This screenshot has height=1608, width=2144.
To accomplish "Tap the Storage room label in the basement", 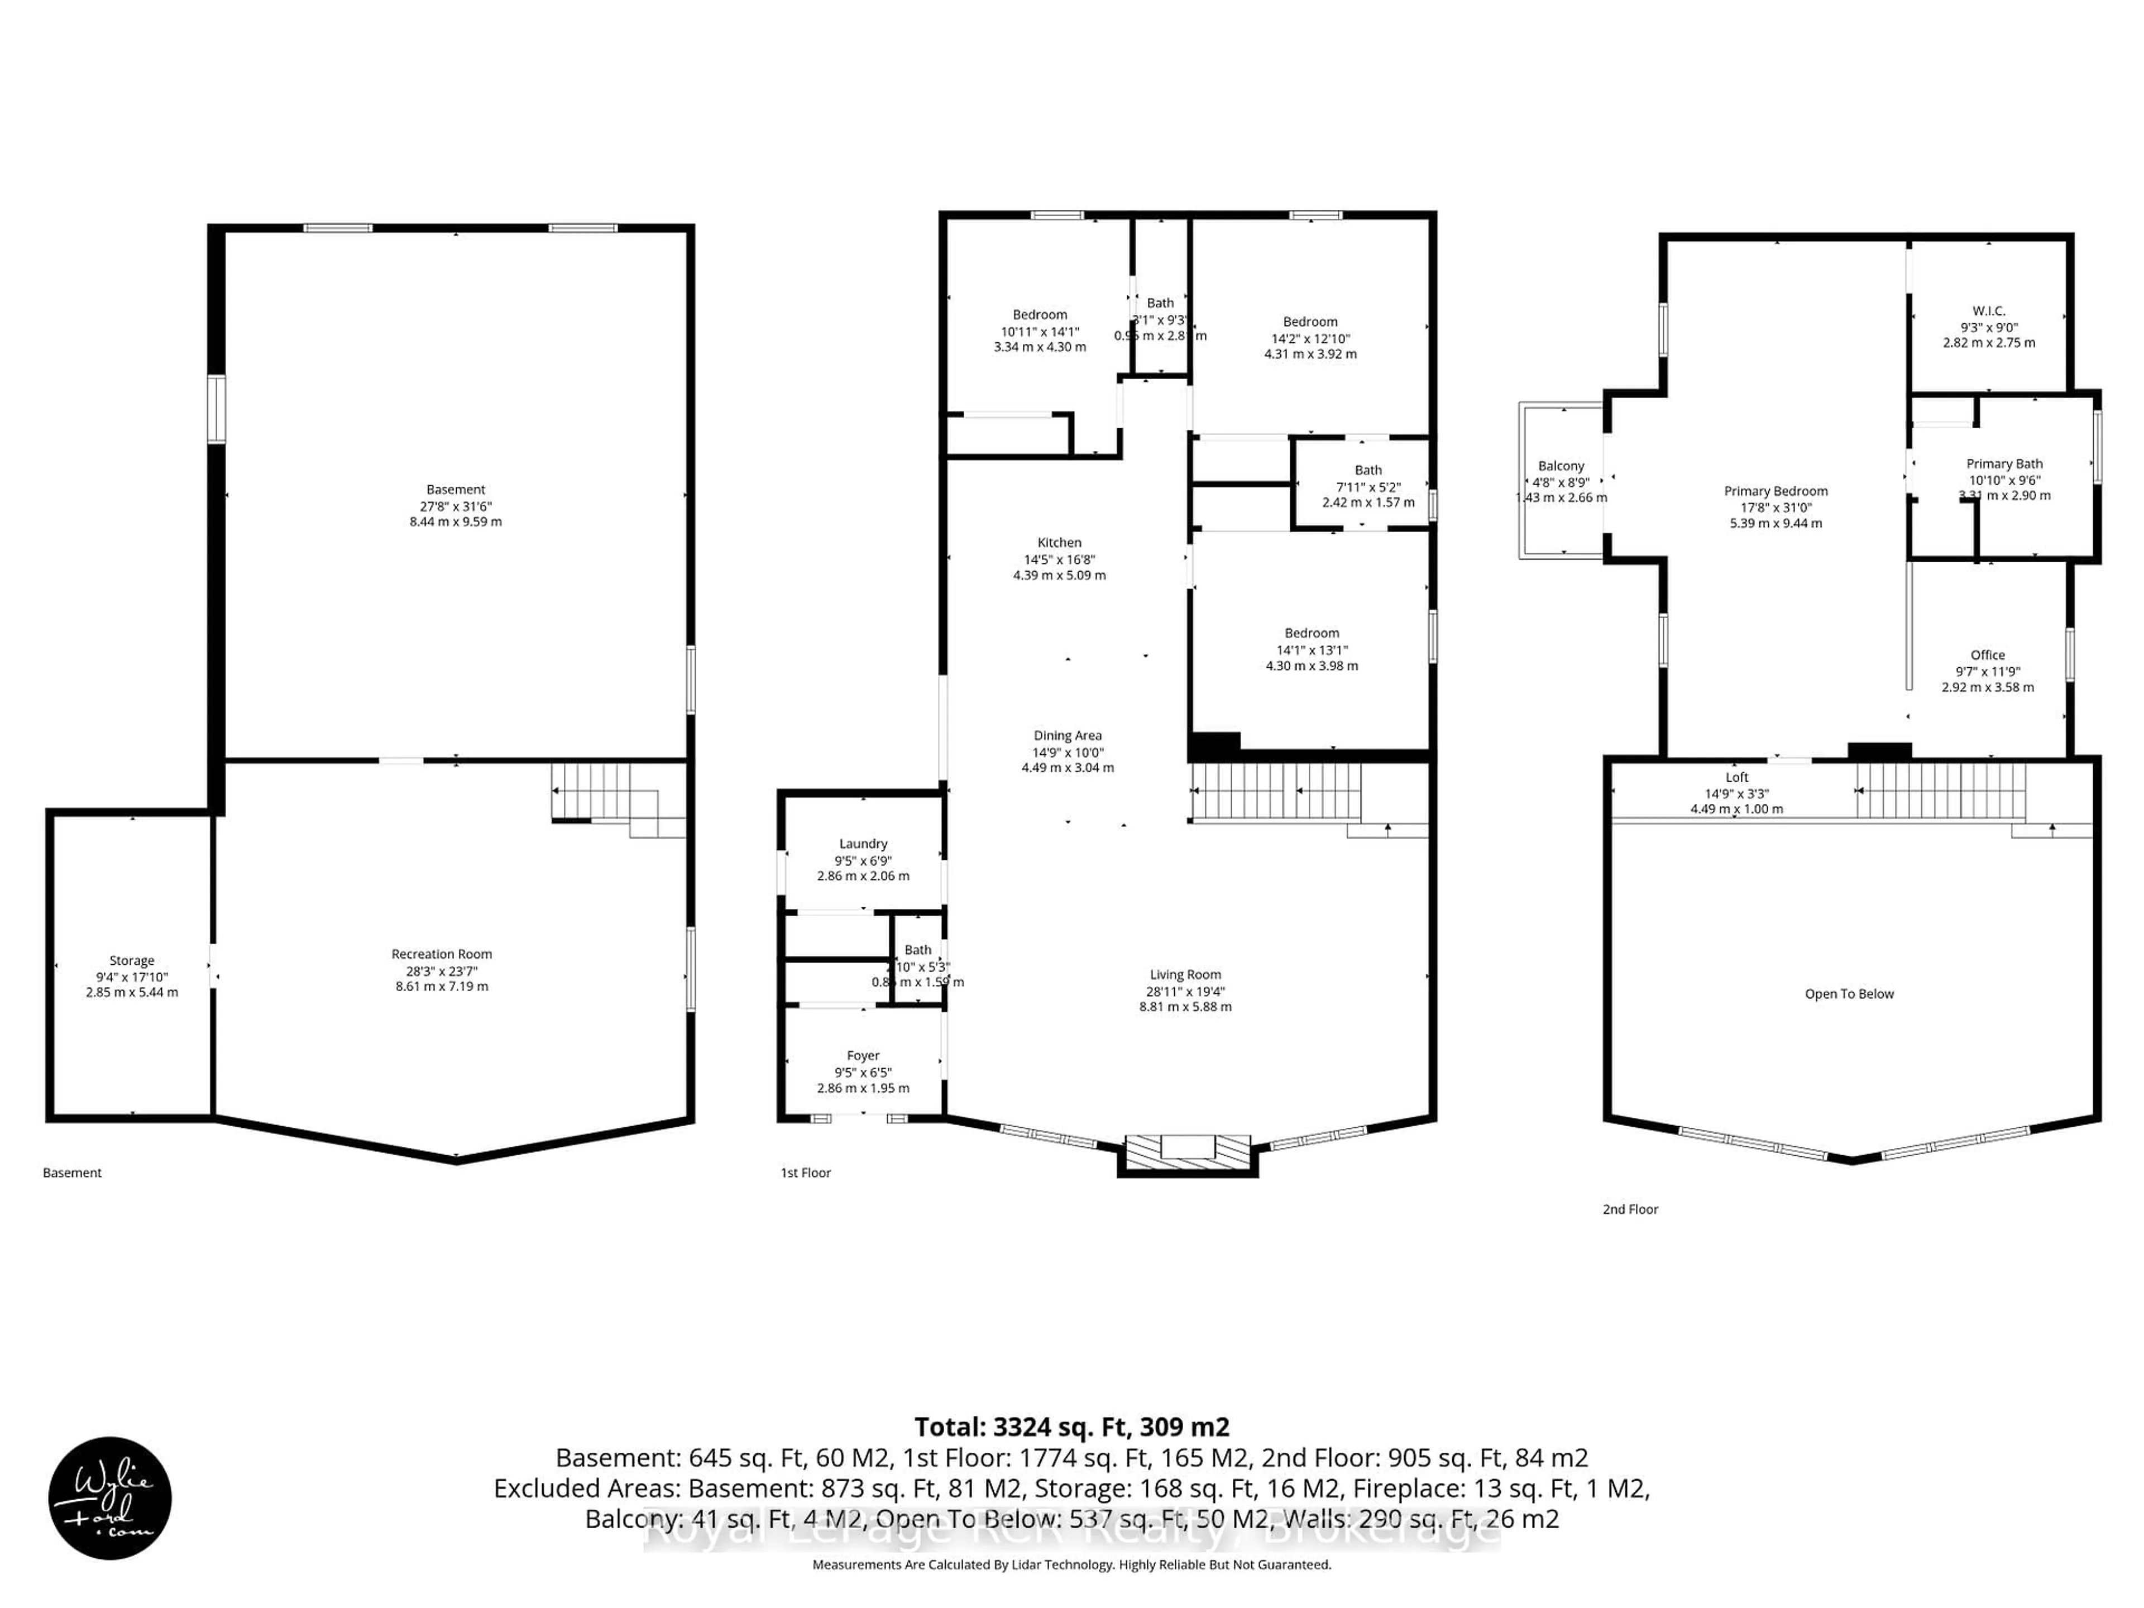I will click(x=132, y=960).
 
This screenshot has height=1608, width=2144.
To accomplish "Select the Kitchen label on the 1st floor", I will click(x=1059, y=543).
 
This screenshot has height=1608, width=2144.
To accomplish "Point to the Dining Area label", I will click(x=1067, y=736).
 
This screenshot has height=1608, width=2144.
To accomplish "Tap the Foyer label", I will click(x=863, y=1055).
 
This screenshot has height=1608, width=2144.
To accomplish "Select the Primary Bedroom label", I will click(x=1775, y=491).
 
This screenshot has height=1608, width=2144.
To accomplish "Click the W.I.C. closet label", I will click(x=1989, y=311).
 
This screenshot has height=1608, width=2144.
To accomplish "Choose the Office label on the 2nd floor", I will click(x=1987, y=655).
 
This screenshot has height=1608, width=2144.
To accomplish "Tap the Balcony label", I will click(x=1561, y=466).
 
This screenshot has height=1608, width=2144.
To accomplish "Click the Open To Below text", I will click(x=1849, y=993).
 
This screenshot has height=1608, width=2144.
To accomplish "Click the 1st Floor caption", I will click(x=806, y=1173).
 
